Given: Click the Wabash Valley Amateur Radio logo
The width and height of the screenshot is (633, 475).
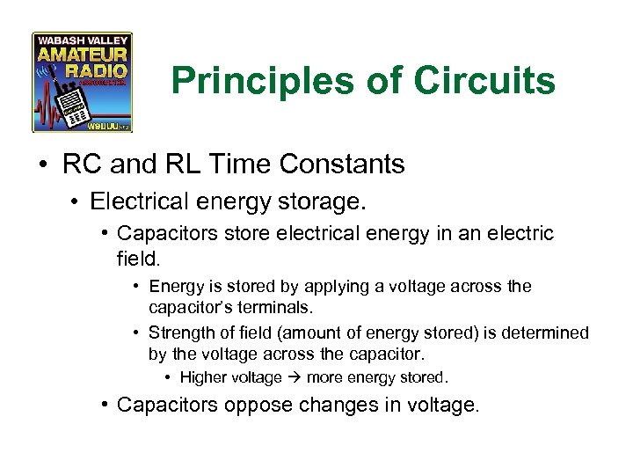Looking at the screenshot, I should [x=83, y=82].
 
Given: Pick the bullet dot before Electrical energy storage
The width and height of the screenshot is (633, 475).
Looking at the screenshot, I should [x=76, y=202].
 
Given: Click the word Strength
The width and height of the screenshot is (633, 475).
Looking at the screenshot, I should [x=179, y=332].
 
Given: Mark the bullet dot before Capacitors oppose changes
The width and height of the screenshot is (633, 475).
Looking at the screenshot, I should [x=104, y=405].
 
